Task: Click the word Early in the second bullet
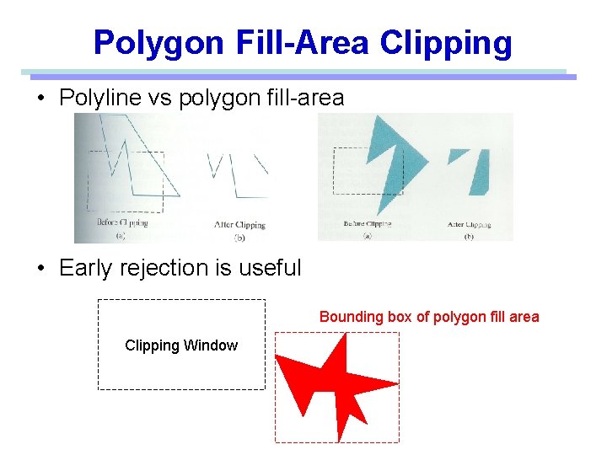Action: [x=88, y=268]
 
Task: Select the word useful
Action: [x=270, y=268]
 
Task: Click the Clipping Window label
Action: [x=181, y=345]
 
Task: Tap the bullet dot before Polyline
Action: [x=40, y=99]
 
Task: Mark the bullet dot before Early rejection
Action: [x=40, y=269]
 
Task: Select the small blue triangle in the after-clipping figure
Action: [x=458, y=154]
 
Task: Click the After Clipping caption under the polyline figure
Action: [x=239, y=225]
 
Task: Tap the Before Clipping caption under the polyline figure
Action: [x=122, y=223]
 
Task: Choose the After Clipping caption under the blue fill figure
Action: [x=468, y=225]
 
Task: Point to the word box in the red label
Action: [x=401, y=317]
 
